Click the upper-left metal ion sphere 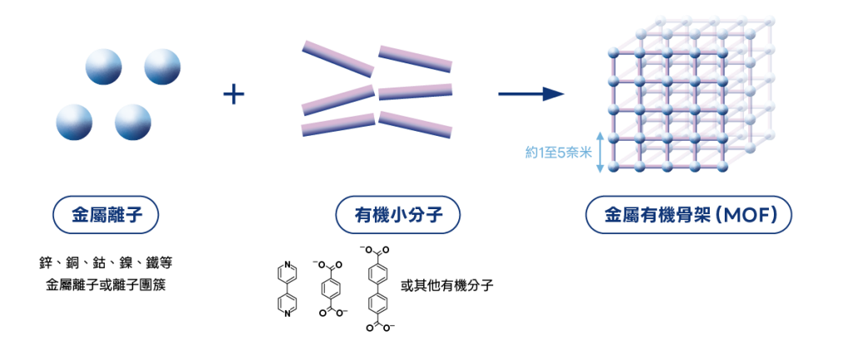click(103, 67)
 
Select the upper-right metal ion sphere click(162, 67)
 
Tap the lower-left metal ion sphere click(74, 122)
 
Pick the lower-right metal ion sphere click(133, 122)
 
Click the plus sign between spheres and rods click(233, 94)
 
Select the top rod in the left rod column click(337, 58)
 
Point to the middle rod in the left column click(337, 99)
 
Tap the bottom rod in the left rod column click(337, 125)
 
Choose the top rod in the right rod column click(415, 58)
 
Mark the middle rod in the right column click(415, 91)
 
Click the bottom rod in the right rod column click(415, 123)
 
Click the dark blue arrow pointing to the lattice click(531, 94)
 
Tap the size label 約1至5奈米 click(557, 152)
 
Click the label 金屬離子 click(106, 215)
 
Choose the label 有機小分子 click(397, 215)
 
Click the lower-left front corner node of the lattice click(612, 167)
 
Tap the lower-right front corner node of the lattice click(722, 167)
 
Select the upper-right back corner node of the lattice click(767, 19)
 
